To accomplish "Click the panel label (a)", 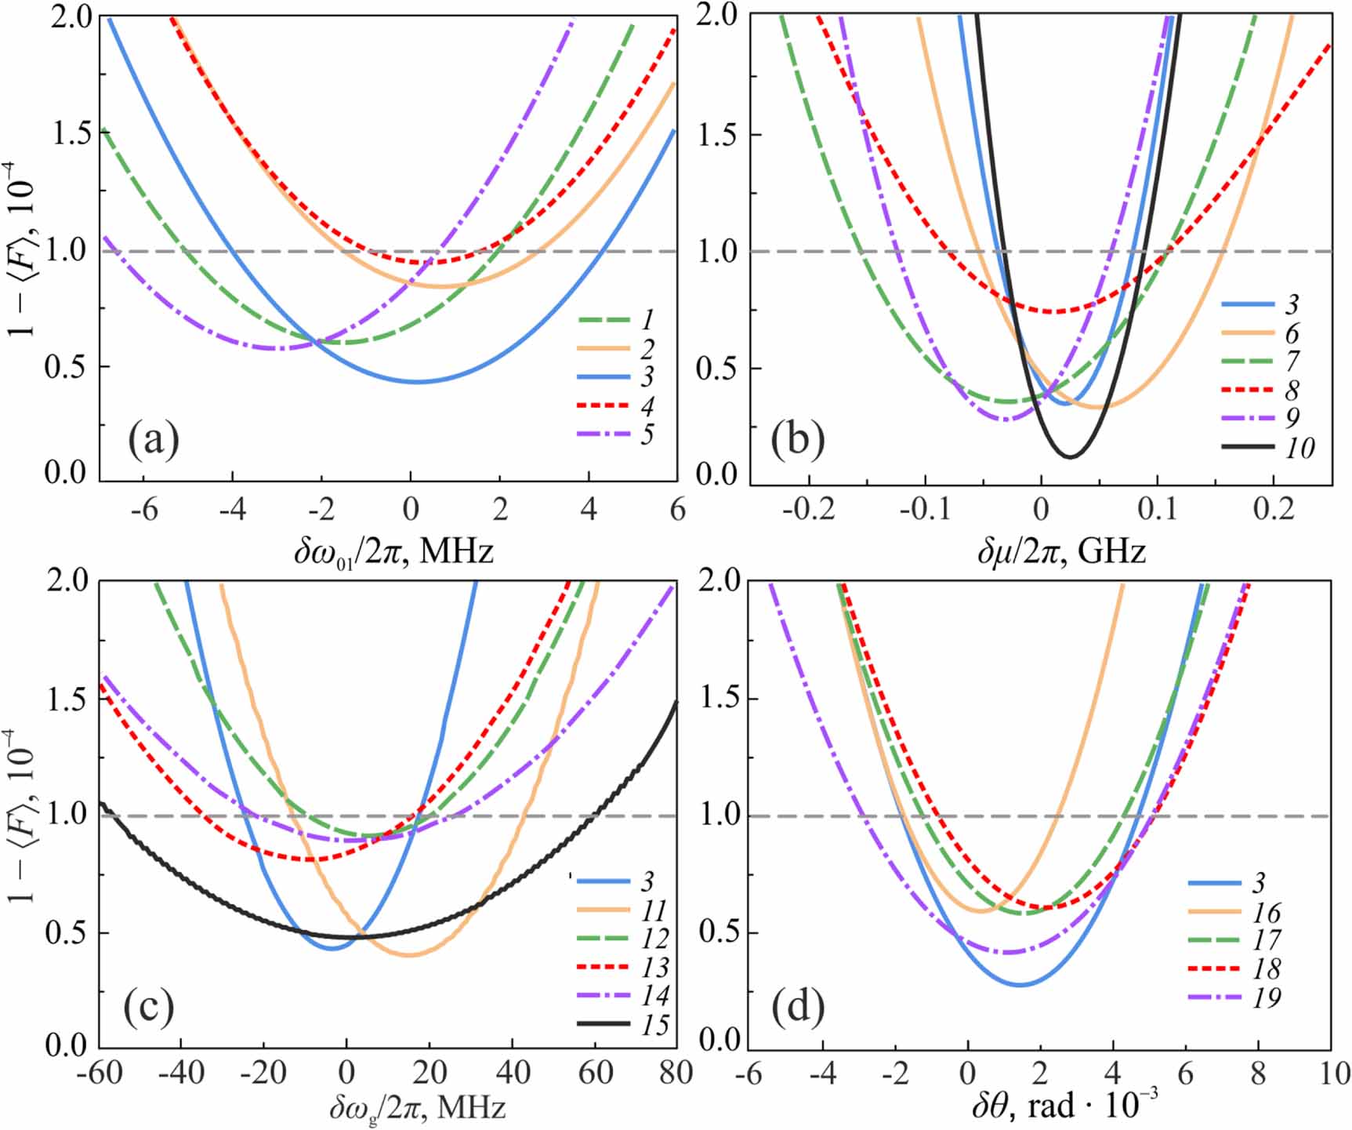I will click(154, 439).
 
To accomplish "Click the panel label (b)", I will click(797, 439).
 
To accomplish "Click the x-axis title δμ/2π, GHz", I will click(1061, 552).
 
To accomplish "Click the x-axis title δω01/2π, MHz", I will click(393, 552).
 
